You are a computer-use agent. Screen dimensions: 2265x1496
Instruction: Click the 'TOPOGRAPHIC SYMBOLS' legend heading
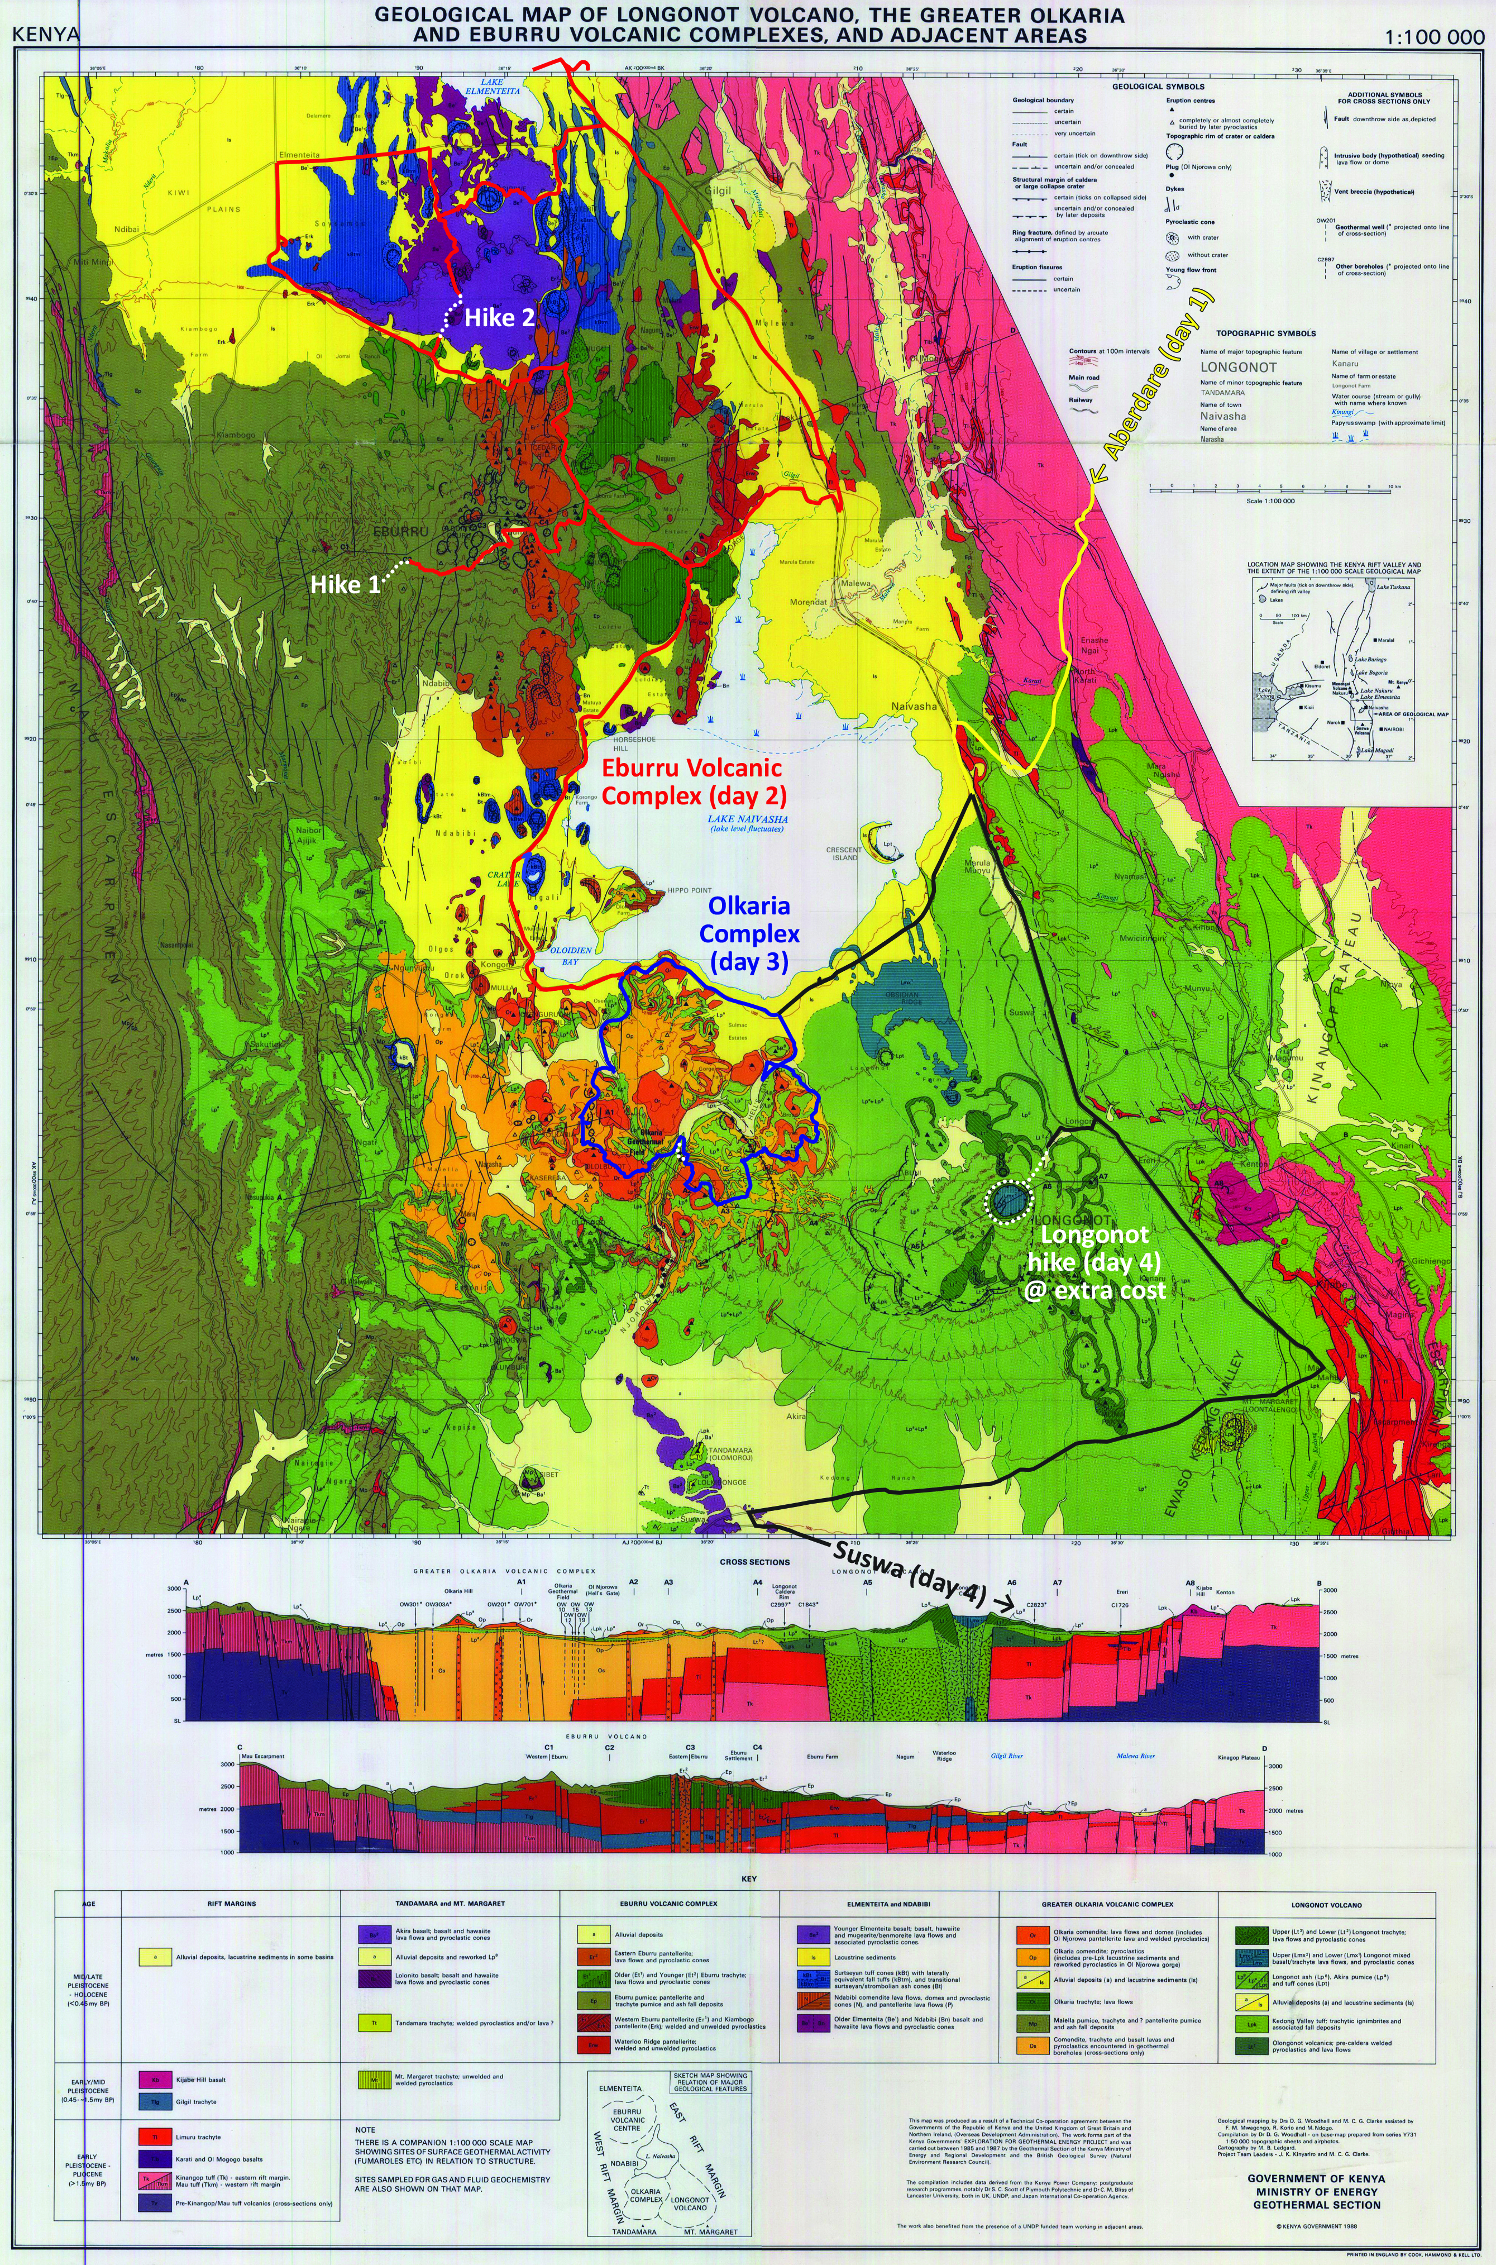(1265, 334)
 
